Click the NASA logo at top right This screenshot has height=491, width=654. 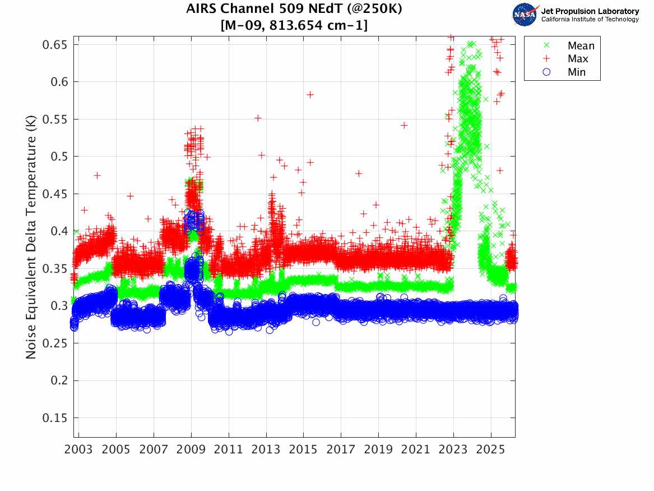(x=526, y=15)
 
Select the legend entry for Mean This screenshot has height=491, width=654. (x=581, y=46)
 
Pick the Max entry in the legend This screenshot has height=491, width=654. (x=578, y=59)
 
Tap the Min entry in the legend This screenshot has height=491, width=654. (x=577, y=72)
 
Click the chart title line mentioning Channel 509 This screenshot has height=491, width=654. (x=294, y=10)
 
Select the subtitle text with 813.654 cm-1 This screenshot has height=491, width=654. (x=294, y=25)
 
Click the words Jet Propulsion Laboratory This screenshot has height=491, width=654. (x=590, y=11)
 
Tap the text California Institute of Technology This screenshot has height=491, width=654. (x=590, y=20)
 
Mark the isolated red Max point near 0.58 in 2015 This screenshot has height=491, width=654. (x=310, y=95)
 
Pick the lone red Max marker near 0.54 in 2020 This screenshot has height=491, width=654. (x=404, y=125)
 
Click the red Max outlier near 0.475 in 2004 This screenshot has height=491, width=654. (x=98, y=176)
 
